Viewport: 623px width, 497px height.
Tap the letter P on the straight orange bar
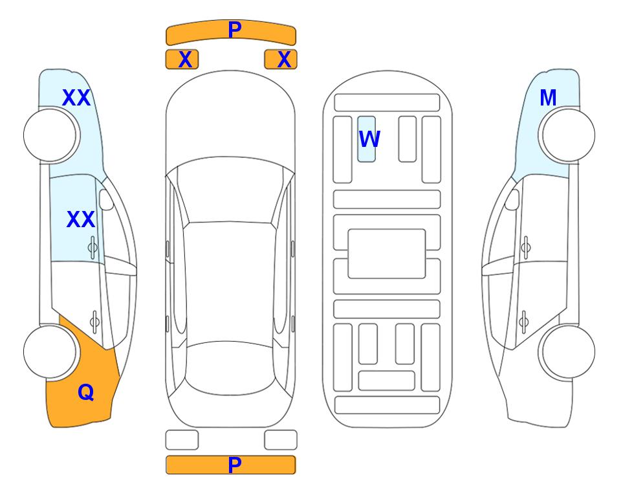235,465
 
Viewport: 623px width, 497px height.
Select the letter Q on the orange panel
86,392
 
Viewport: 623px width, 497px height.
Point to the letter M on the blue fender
548,98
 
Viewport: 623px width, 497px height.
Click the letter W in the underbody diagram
369,139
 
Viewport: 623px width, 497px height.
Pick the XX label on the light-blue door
81,219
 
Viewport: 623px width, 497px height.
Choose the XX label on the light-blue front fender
76,98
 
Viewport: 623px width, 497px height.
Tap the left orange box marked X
182,60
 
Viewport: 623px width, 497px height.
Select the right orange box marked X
281,60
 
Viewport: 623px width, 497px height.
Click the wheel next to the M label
567,135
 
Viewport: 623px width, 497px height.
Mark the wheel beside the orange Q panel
51,351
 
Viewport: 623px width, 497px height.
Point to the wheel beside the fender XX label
51,135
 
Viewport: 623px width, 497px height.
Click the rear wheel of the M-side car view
567,351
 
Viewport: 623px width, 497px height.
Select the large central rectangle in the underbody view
387,254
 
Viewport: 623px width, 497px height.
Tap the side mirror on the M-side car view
512,199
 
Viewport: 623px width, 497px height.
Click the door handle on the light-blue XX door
93,247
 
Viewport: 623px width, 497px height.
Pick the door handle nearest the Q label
94,321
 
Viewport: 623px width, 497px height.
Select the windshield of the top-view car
230,190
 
